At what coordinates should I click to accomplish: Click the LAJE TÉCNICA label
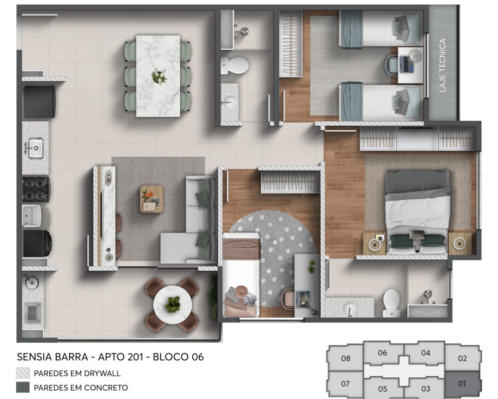point(442,65)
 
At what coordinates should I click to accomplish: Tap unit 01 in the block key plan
point(462,384)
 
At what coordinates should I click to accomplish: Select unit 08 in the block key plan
point(346,358)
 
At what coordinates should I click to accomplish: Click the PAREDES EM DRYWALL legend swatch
point(23,373)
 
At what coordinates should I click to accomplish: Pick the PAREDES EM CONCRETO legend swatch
point(23,388)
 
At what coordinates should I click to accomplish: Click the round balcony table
point(172,304)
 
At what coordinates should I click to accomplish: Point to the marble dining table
point(158,75)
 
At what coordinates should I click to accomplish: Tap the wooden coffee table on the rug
point(151,199)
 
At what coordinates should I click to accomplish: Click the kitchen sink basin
point(35,148)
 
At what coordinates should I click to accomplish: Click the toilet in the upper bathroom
point(235,65)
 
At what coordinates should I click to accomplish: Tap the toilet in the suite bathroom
point(391,302)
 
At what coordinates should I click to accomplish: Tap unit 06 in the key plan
point(382,353)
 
